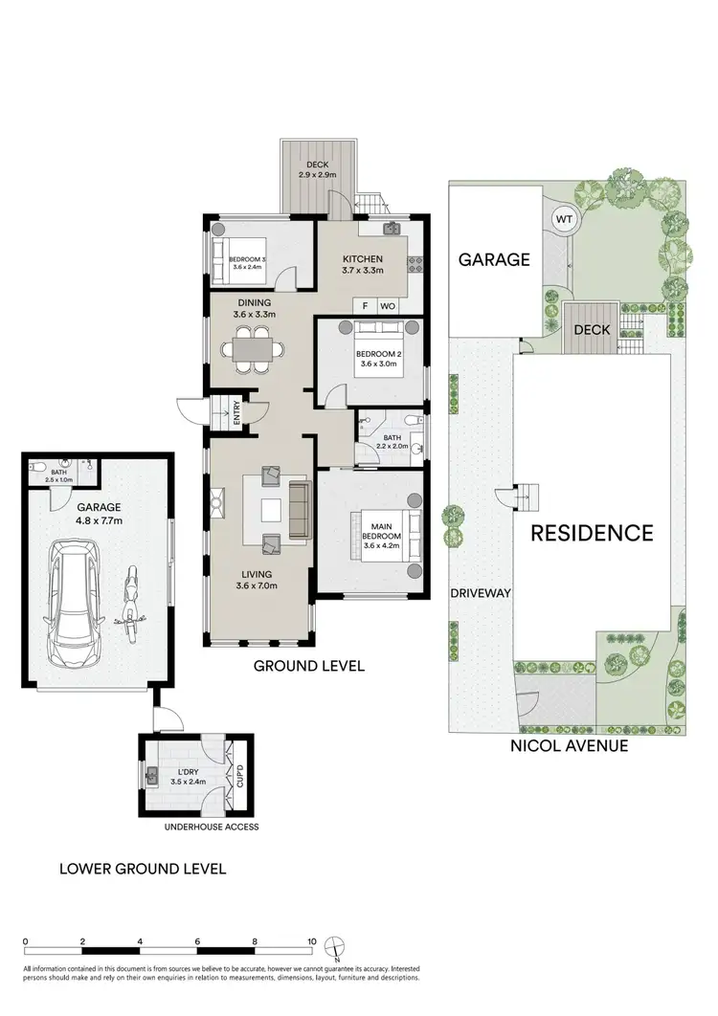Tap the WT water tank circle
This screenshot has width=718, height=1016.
(x=564, y=219)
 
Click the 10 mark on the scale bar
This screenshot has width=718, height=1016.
(x=311, y=941)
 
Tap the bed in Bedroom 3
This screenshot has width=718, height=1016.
(x=243, y=257)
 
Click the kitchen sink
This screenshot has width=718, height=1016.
(x=391, y=230)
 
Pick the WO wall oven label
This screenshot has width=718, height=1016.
(x=388, y=306)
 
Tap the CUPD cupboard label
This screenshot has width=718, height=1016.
(x=241, y=776)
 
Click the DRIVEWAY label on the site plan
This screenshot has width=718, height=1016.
(x=481, y=593)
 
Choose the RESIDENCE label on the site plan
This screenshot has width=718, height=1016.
(x=593, y=533)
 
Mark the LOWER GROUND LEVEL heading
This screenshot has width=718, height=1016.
(x=143, y=869)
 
